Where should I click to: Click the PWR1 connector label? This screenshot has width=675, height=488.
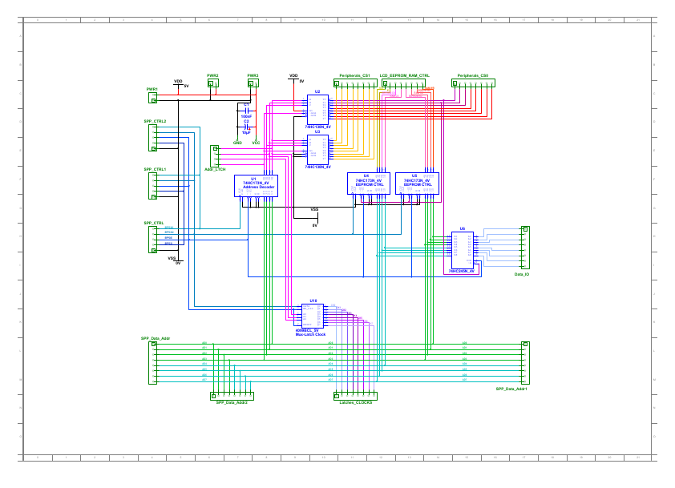pos(152,89)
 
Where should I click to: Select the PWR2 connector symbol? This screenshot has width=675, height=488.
pos(212,83)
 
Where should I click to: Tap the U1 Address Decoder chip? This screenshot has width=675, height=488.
pos(256,186)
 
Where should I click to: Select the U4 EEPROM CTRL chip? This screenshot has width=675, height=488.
pos(369,184)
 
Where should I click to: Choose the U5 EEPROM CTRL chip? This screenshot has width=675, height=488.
pos(417,184)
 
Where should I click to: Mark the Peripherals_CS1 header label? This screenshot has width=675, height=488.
pos(354,75)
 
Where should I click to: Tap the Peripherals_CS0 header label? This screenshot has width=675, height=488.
pos(473,75)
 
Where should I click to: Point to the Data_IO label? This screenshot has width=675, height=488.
pos(522,274)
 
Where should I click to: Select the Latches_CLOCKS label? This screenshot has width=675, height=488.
pos(356,402)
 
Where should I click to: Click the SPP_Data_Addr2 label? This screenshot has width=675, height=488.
pos(232,402)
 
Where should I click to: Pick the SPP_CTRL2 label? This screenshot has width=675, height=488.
pos(155,120)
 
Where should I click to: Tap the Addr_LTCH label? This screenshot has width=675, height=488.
pos(215,170)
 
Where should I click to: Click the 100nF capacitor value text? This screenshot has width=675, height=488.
pos(246,116)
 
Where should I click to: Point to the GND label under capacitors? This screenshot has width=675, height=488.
pos(237,143)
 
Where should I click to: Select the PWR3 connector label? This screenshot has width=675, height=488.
pos(253,75)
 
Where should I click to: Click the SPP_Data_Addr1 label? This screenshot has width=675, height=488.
pos(511,389)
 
